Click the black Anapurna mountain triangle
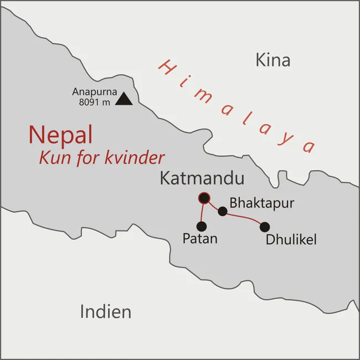click(x=125, y=99)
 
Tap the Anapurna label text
click(x=94, y=91)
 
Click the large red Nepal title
click(x=60, y=135)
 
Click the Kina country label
click(x=272, y=60)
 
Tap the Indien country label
click(x=106, y=311)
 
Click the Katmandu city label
click(x=202, y=179)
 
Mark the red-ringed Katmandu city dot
click(x=204, y=198)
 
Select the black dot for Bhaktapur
click(x=223, y=211)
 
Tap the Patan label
click(x=200, y=239)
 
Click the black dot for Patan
click(x=202, y=226)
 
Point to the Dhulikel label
click(x=291, y=240)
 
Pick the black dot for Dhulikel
click(x=265, y=227)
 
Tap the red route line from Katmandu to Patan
click(x=202, y=212)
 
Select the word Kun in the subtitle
click(x=53, y=158)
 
